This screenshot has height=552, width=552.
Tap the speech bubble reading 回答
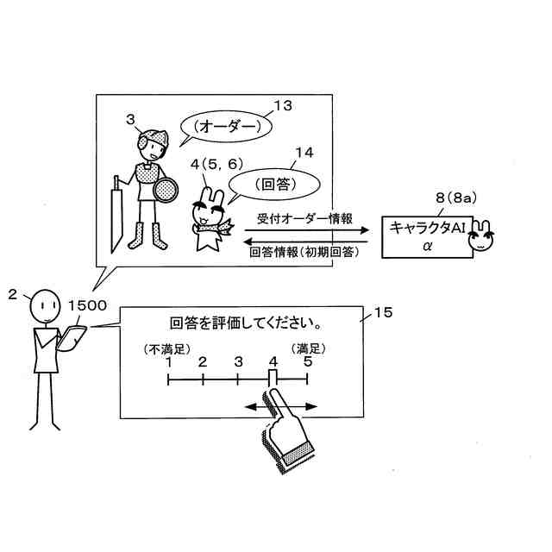271,184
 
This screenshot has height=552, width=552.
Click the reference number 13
281,106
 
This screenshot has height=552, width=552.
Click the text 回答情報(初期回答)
304,253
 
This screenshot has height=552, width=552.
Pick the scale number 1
169,362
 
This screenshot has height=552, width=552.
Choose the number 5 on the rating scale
307,362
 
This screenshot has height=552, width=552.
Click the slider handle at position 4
273,378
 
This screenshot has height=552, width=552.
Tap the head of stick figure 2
42,306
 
